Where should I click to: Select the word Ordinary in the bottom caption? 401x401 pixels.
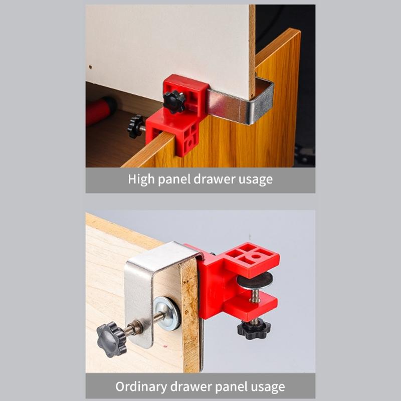[142, 386]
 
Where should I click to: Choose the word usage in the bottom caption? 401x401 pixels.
[267, 386]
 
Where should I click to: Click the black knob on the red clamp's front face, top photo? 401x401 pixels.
[174, 102]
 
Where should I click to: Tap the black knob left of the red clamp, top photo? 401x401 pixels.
[135, 126]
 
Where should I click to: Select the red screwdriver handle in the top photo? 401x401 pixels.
[100, 111]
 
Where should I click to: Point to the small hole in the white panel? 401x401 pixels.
[90, 66]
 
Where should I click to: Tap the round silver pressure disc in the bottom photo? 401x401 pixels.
[167, 313]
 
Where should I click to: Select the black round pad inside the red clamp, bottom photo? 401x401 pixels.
[255, 280]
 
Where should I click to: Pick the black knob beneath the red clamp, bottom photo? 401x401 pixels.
[254, 329]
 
